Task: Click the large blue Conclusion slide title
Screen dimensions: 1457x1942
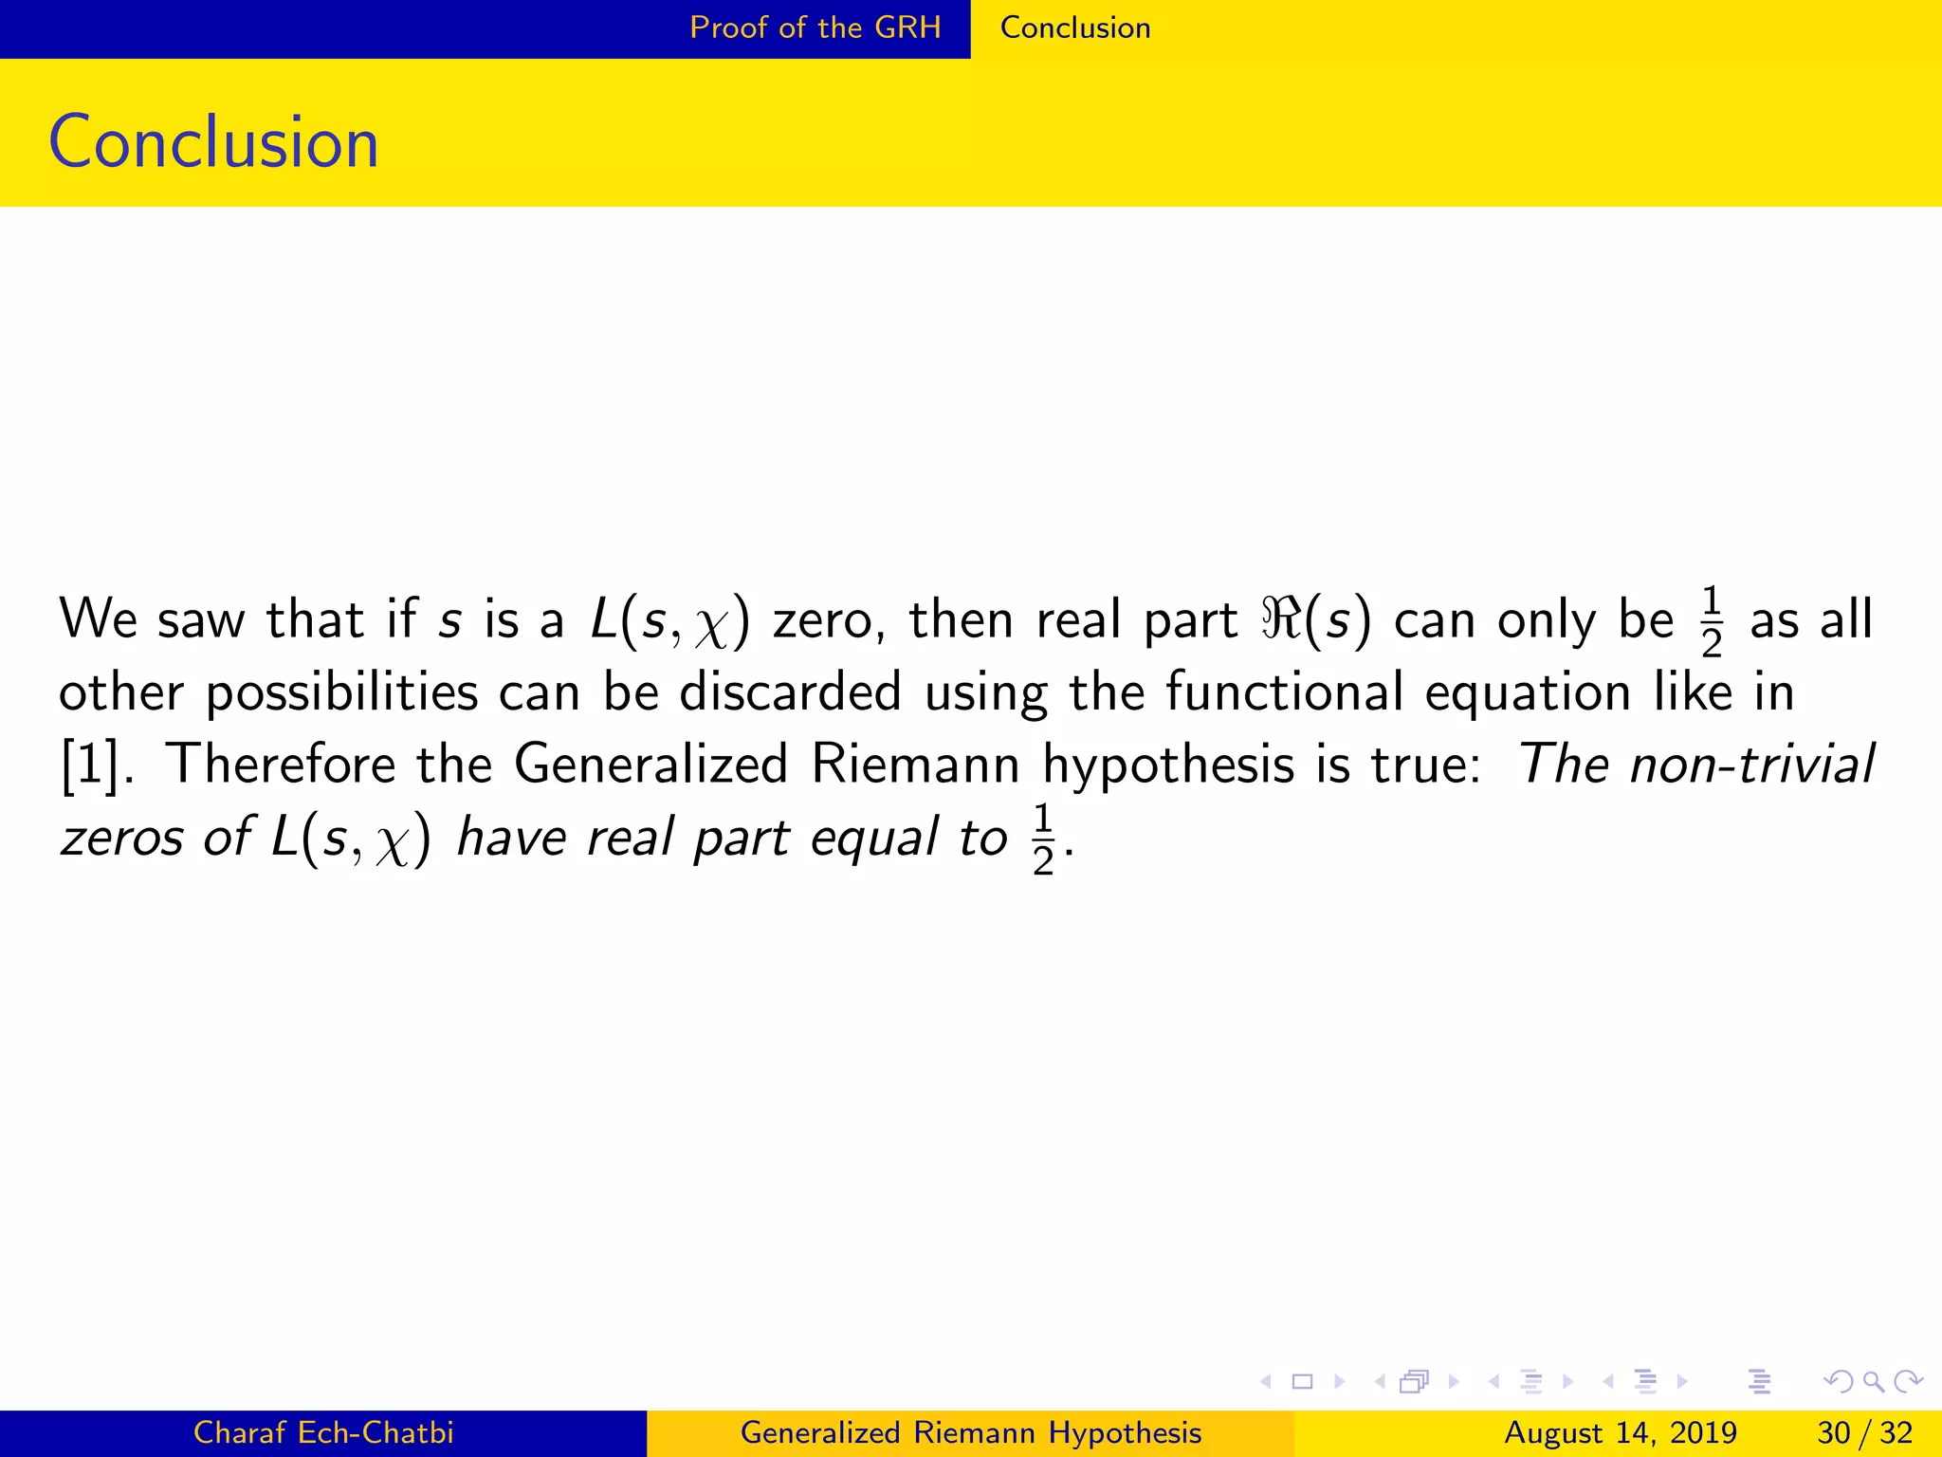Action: pyautogui.click(x=213, y=142)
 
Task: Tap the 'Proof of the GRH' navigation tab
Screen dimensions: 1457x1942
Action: pyautogui.click(x=815, y=28)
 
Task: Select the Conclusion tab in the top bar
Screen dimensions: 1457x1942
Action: pyautogui.click(x=1074, y=28)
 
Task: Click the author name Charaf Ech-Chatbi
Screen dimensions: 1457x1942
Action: pyautogui.click(x=323, y=1432)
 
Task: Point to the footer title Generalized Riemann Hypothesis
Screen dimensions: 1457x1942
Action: pyautogui.click(x=970, y=1432)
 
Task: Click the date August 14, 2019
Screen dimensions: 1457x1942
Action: pyautogui.click(x=1620, y=1432)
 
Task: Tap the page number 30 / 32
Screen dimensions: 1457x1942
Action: pyautogui.click(x=1864, y=1432)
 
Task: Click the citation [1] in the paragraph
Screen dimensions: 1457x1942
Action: pyautogui.click(x=91, y=765)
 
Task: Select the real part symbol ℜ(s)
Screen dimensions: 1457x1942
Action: pyautogui.click(x=1315, y=620)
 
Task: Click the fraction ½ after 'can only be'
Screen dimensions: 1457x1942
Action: pyautogui.click(x=1711, y=622)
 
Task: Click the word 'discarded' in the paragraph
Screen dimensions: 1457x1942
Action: pyautogui.click(x=790, y=692)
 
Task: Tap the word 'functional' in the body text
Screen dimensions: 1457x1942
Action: pyautogui.click(x=1283, y=692)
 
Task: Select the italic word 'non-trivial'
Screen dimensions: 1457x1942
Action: pyautogui.click(x=1751, y=765)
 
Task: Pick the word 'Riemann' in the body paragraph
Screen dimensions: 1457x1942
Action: pyautogui.click(x=915, y=765)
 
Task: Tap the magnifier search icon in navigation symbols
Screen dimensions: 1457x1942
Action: pyautogui.click(x=1872, y=1381)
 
